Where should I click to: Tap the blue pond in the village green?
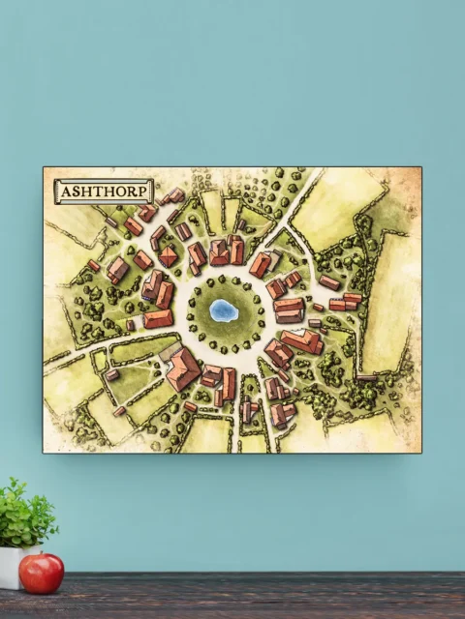click(224, 310)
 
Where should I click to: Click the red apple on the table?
click(41, 573)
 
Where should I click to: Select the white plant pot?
click(12, 566)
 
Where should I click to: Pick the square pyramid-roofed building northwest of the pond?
click(169, 256)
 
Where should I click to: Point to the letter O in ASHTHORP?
click(118, 191)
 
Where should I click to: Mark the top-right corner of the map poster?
click(421, 167)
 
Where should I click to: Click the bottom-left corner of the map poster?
click(44, 453)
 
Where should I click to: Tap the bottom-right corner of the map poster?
click(421, 453)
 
